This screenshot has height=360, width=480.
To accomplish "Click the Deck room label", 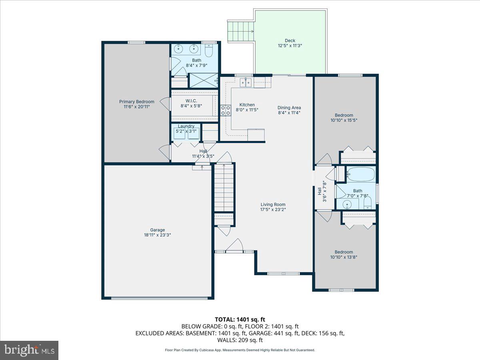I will pos(290,40).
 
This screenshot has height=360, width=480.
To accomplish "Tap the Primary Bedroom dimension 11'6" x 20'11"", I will pos(136,107).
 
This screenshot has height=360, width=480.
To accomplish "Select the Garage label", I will pos(157,230).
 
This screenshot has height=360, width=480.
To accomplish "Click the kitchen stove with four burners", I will pos(226,110).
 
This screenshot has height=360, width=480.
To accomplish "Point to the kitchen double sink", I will pos(246,83).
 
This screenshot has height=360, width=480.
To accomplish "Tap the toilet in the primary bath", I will pos(209,51).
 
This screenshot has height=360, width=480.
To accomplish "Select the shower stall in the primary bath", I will pos(204,80).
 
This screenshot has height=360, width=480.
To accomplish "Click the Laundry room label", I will pos(186,126).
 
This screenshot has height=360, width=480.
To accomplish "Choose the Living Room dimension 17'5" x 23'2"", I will pos(273,209).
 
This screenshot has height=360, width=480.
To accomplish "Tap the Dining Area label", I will pos(289,108).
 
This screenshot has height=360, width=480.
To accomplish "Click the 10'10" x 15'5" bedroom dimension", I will pos(344,120).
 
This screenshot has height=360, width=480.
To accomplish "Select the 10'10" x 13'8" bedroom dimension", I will pos(344,257).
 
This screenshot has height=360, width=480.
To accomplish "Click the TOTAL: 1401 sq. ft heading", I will pos(240,319).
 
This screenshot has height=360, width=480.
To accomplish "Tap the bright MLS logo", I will pos(29,350).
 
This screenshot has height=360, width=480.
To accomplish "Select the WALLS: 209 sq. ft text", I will pos(240,340).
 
